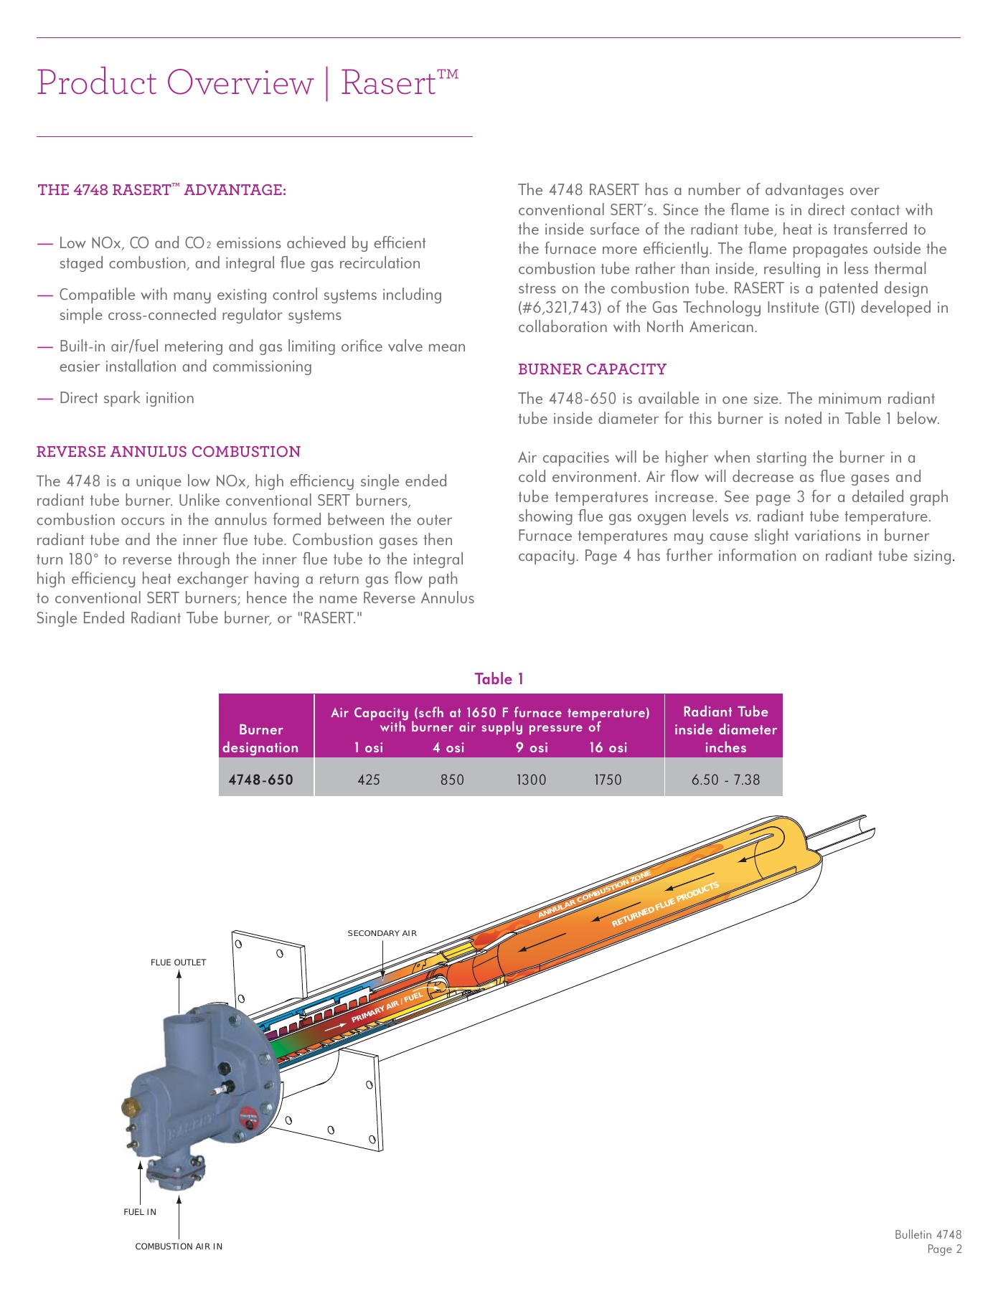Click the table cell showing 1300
(531, 780)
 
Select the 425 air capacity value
(369, 780)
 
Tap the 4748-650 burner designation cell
(260, 780)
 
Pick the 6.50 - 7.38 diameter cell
(725, 780)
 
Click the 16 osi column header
(608, 747)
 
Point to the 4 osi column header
(448, 747)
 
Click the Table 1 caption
(499, 678)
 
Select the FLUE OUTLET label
(178, 963)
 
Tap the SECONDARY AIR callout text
(382, 933)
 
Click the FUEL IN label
(140, 1212)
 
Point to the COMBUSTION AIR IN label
(179, 1247)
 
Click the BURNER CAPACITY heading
(592, 369)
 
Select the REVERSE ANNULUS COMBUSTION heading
(169, 452)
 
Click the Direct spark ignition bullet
(126, 398)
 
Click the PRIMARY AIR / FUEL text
(387, 1008)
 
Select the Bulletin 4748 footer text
(928, 1234)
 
